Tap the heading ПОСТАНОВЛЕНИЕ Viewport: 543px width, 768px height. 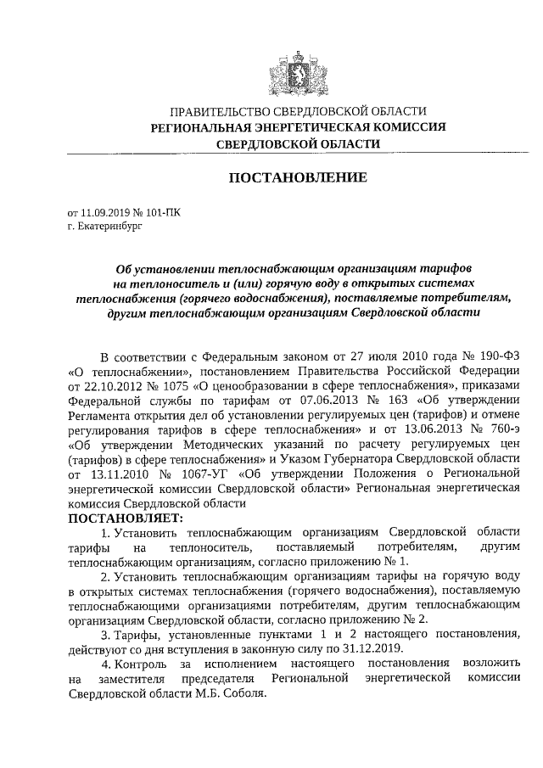tap(297, 178)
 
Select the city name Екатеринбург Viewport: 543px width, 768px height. tap(103, 227)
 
